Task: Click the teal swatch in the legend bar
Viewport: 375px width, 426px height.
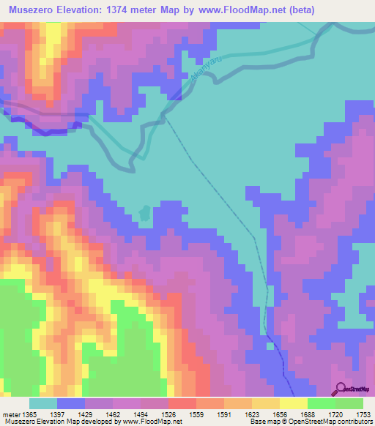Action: (x=42, y=403)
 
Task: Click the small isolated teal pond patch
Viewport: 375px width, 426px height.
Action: (x=145, y=214)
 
